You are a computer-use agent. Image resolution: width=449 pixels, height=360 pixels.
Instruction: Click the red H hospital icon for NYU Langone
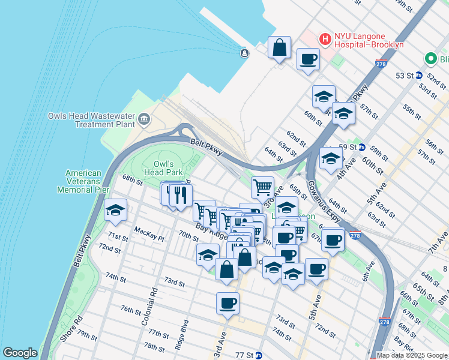[x=325, y=39]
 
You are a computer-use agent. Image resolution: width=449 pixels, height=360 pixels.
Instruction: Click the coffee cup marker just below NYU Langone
[x=308, y=59]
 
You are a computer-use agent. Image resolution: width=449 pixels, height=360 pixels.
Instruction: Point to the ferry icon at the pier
[x=244, y=53]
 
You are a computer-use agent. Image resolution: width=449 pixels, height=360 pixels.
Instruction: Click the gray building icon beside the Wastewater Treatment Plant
[x=143, y=119]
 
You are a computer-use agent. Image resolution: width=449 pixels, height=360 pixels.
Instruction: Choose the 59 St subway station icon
[x=362, y=147]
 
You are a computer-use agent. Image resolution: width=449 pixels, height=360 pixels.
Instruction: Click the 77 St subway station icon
[x=259, y=355]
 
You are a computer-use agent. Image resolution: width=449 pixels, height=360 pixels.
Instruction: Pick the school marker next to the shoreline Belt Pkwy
[x=115, y=210]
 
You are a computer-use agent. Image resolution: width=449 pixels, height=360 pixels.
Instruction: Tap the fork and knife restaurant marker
[x=180, y=194]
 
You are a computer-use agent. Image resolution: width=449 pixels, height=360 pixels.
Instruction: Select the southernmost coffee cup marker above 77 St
[x=228, y=304]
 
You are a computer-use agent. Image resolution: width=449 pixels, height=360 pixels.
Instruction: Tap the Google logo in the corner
[x=19, y=353]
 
